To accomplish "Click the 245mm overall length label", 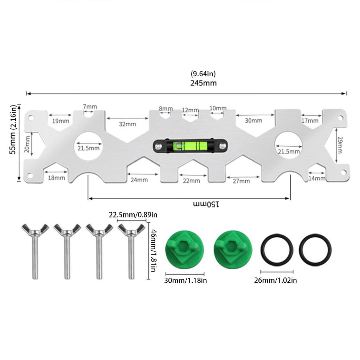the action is (x=204, y=83).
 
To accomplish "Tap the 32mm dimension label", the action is (x=127, y=124).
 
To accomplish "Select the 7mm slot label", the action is (x=90, y=107).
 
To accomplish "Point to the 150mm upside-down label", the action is (x=206, y=204).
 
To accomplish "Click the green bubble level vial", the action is (x=190, y=146).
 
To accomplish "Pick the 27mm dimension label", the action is (x=241, y=181).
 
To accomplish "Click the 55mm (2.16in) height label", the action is (x=13, y=129).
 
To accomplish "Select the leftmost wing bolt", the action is (x=35, y=251).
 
